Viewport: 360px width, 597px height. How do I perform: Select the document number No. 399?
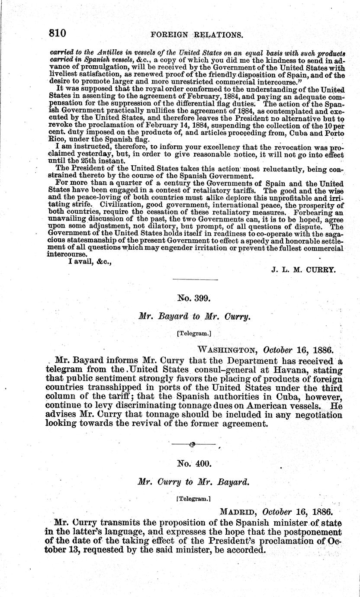(x=194, y=298)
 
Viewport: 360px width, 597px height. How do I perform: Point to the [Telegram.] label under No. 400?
(x=193, y=498)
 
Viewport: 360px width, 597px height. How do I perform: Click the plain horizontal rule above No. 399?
(x=193, y=281)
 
